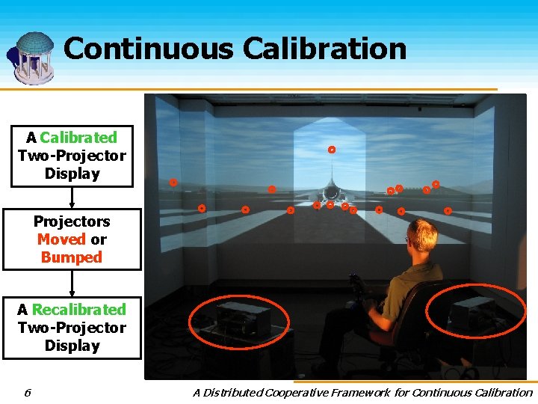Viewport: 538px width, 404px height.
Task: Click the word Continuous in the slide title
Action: point(148,49)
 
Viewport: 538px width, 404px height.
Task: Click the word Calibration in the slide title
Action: point(324,49)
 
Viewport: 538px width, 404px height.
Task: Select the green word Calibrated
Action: point(78,138)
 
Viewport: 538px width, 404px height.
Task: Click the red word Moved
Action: point(61,239)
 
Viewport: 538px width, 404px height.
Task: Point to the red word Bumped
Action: point(71,257)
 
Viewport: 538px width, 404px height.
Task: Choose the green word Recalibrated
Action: point(79,310)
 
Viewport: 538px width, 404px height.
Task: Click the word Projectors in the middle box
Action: point(72,221)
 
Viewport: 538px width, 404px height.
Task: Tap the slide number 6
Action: point(27,392)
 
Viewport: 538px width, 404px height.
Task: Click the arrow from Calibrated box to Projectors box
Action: point(72,198)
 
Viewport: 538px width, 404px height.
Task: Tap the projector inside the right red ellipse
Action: point(473,310)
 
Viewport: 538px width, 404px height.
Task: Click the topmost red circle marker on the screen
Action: point(332,150)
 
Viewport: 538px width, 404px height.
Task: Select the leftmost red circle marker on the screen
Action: point(173,182)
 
